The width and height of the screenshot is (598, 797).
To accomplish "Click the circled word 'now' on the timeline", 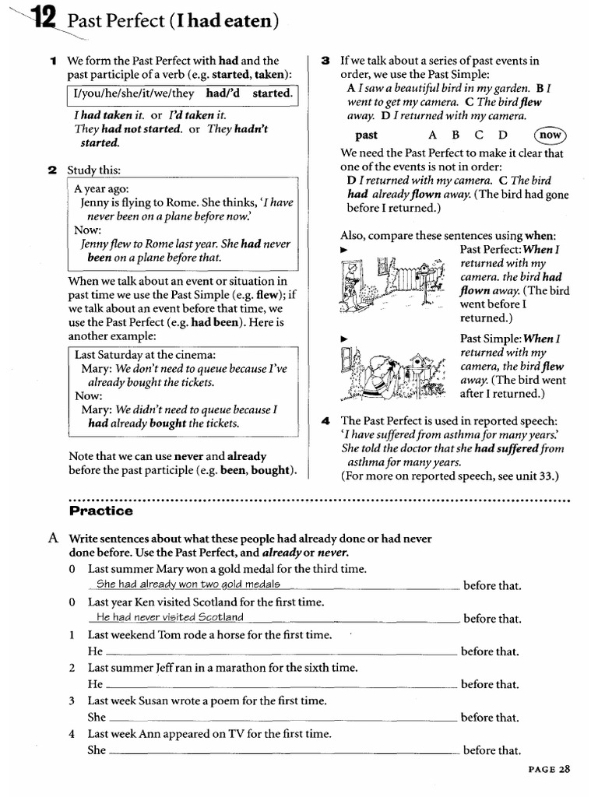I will pos(551,135).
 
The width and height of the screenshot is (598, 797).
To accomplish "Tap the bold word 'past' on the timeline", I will pos(366,135).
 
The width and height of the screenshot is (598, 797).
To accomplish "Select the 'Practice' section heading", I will pos(101,511).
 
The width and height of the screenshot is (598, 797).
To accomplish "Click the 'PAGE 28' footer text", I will pos(549,769).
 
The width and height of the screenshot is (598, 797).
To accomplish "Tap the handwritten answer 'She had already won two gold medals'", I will pos(187,585).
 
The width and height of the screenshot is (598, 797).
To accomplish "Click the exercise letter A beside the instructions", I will pos(52,539).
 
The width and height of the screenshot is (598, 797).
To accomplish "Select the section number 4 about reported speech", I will pos(325,421).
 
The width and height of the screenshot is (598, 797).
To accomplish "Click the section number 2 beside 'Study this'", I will pos(52,170).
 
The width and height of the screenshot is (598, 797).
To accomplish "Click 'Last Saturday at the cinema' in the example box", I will pos(146,354).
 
